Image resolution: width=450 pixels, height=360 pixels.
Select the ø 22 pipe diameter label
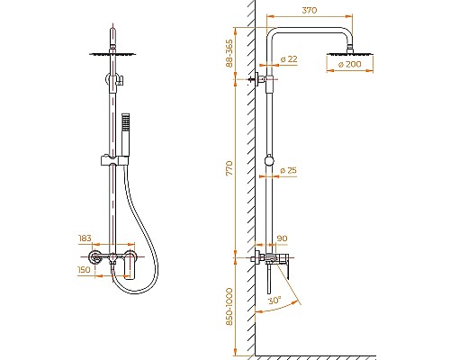[x=289, y=58]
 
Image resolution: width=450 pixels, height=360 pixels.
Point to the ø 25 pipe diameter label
[x=289, y=170]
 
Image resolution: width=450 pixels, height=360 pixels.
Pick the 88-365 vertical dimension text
[x=230, y=55]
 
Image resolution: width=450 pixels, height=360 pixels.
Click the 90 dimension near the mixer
[x=281, y=238]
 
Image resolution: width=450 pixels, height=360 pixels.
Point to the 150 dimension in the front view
[x=85, y=269]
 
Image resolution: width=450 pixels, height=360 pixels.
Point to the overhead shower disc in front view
[x=116, y=53]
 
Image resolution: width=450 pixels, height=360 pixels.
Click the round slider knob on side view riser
[x=269, y=163]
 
